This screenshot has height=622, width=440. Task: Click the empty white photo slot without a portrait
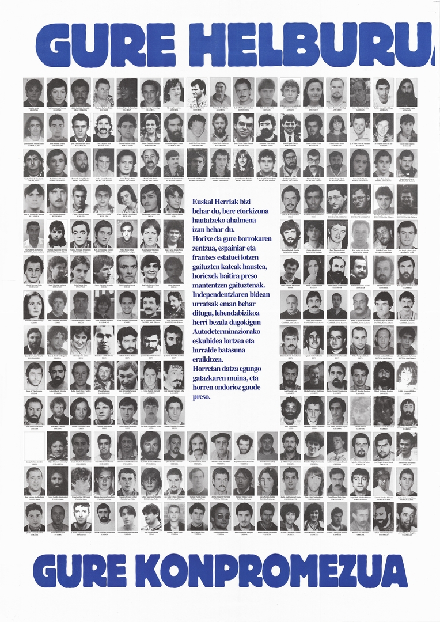click(x=33, y=446)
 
